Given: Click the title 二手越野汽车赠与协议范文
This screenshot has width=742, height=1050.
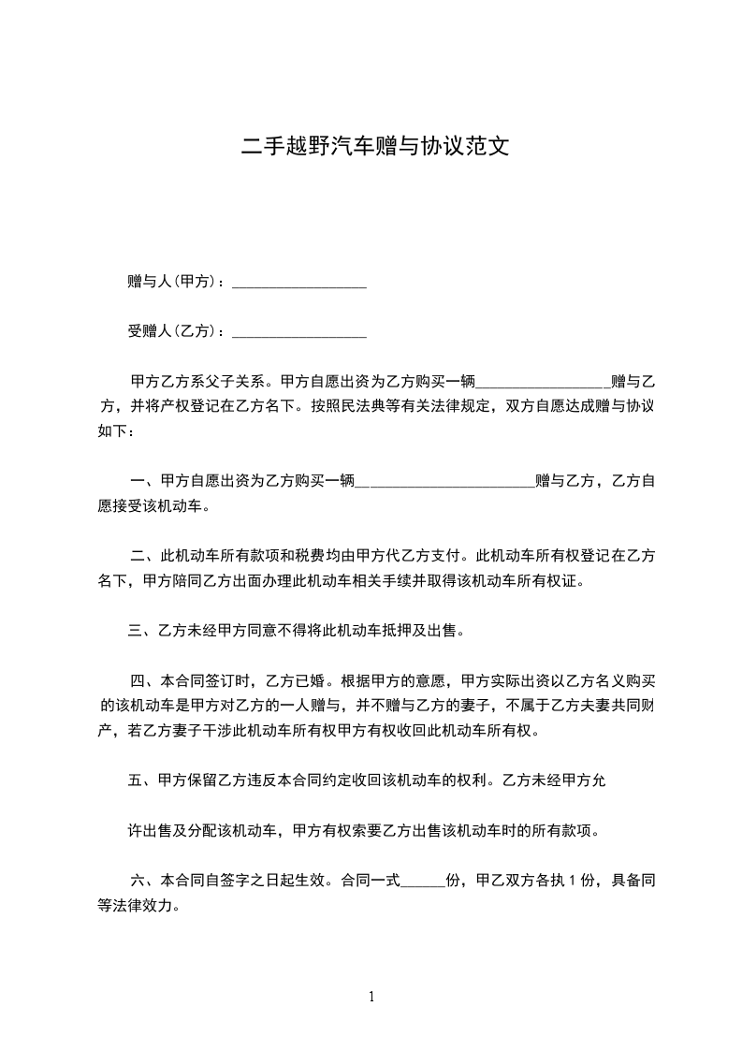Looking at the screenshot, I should point(375,147).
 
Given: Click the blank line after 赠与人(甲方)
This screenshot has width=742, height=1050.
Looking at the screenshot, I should point(298,284).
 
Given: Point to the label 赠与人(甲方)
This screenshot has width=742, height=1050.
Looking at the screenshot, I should point(173,282).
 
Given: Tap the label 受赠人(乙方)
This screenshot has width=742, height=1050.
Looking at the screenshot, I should point(173,331).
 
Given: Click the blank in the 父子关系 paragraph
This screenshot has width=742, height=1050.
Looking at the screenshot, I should point(543,384).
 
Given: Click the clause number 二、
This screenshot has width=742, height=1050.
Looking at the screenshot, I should point(143,556).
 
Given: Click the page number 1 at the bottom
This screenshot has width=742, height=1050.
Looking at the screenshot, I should point(371,997).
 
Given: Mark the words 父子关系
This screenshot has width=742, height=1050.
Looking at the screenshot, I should point(237,382).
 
